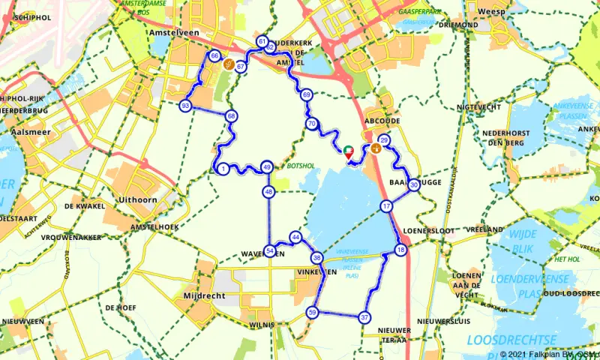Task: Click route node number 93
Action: [x=185, y=106]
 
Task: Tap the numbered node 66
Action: [x=215, y=56]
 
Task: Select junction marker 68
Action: [x=231, y=115]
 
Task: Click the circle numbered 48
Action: [x=268, y=192]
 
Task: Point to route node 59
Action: [x=312, y=312]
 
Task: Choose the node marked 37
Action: [x=364, y=317]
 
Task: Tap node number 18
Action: [x=401, y=250]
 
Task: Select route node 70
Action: [x=310, y=124]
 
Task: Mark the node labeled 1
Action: [x=223, y=169]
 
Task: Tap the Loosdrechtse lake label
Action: [x=503, y=340]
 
